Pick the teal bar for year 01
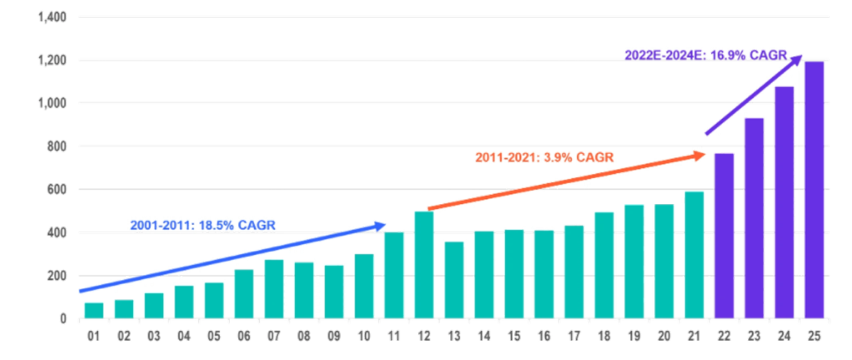click(x=93, y=309)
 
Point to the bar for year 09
click(x=334, y=291)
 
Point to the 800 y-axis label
click(x=58, y=147)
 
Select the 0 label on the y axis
click(x=63, y=319)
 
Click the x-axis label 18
click(x=605, y=337)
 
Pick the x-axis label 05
click(x=213, y=337)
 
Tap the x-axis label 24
click(x=784, y=337)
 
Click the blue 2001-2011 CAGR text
click(x=203, y=225)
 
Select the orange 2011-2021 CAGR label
click(x=544, y=157)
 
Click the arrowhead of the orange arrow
click(x=701, y=154)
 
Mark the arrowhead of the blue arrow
click(x=380, y=226)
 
